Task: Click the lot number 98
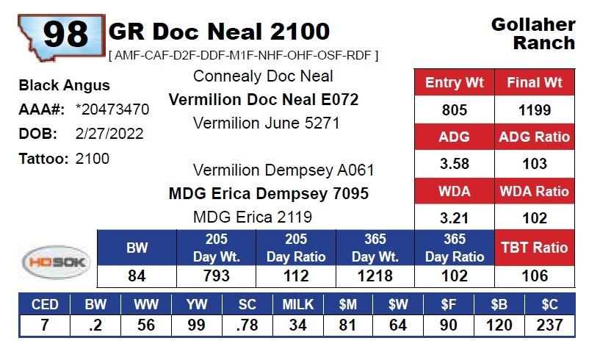[x=65, y=33]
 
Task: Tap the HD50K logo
[x=56, y=261]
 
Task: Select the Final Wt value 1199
[x=534, y=110]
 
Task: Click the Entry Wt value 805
[x=455, y=110]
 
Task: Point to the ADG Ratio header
[x=534, y=137]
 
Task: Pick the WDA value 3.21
[x=455, y=217]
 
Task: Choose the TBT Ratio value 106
[x=534, y=276]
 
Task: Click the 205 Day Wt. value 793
[x=217, y=276]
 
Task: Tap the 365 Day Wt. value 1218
[x=375, y=276]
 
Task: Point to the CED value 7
[x=45, y=325]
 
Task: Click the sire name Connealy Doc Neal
[x=263, y=76]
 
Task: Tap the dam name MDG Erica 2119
[x=252, y=217]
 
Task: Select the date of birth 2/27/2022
[x=109, y=134]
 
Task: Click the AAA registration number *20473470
[x=112, y=110]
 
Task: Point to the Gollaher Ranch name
[x=533, y=34]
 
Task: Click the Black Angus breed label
[x=64, y=86]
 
